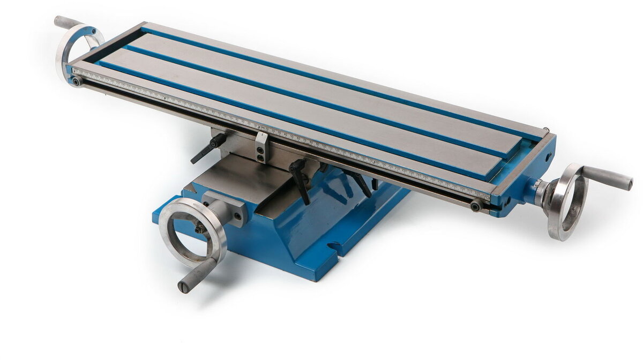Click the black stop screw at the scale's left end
(77, 81)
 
